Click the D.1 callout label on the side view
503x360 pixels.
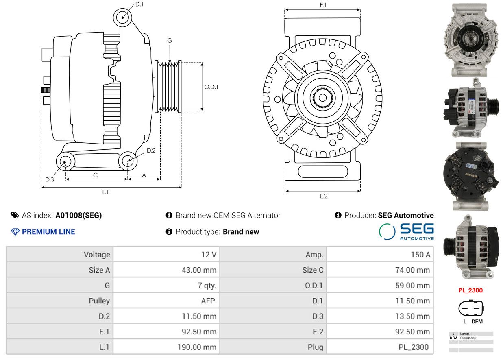tap(139, 4)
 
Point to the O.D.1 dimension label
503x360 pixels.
tap(211, 87)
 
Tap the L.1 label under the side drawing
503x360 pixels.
tap(106, 192)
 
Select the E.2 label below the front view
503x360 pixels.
tap(324, 196)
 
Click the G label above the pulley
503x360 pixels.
tap(170, 40)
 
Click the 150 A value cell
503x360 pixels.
tap(420, 255)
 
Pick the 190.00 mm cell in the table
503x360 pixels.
tap(197, 347)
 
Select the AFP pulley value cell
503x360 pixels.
tap(208, 301)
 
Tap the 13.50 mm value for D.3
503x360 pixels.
tap(412, 316)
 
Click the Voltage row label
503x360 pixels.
tap(97, 255)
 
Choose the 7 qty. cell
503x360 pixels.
tap(207, 286)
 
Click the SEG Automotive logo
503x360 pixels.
tap(406, 231)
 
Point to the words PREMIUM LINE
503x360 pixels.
tap(48, 231)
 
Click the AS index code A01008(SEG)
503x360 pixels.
tap(78, 215)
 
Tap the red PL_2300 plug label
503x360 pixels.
tap(470, 290)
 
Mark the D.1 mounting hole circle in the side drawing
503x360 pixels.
tap(122, 17)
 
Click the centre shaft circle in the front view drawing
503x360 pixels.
tap(323, 98)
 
